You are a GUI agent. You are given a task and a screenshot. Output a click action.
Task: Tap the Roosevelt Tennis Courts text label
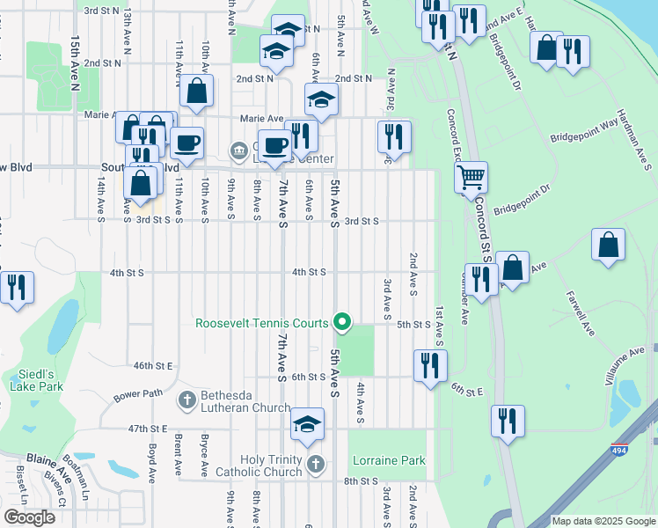click(261, 324)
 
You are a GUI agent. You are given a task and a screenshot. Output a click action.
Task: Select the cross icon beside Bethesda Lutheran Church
click(186, 401)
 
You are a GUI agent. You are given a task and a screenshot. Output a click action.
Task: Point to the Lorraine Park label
click(389, 460)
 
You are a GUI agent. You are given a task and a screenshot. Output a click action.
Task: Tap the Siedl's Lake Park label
click(37, 378)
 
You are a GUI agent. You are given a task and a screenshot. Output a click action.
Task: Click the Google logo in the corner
click(31, 517)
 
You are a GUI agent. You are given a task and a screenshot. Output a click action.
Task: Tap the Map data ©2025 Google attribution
click(603, 521)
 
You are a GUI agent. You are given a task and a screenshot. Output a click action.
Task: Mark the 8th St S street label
click(361, 481)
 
